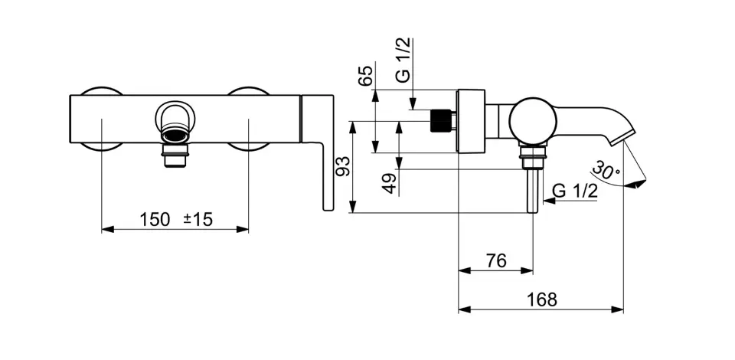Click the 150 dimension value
tap(155, 219)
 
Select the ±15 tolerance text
tap(198, 219)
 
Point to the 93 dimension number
tap(344, 167)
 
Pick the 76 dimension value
tap(496, 260)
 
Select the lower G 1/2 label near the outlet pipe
tap(574, 191)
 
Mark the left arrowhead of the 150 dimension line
tap(105, 228)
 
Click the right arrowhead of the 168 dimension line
tap(621, 310)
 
